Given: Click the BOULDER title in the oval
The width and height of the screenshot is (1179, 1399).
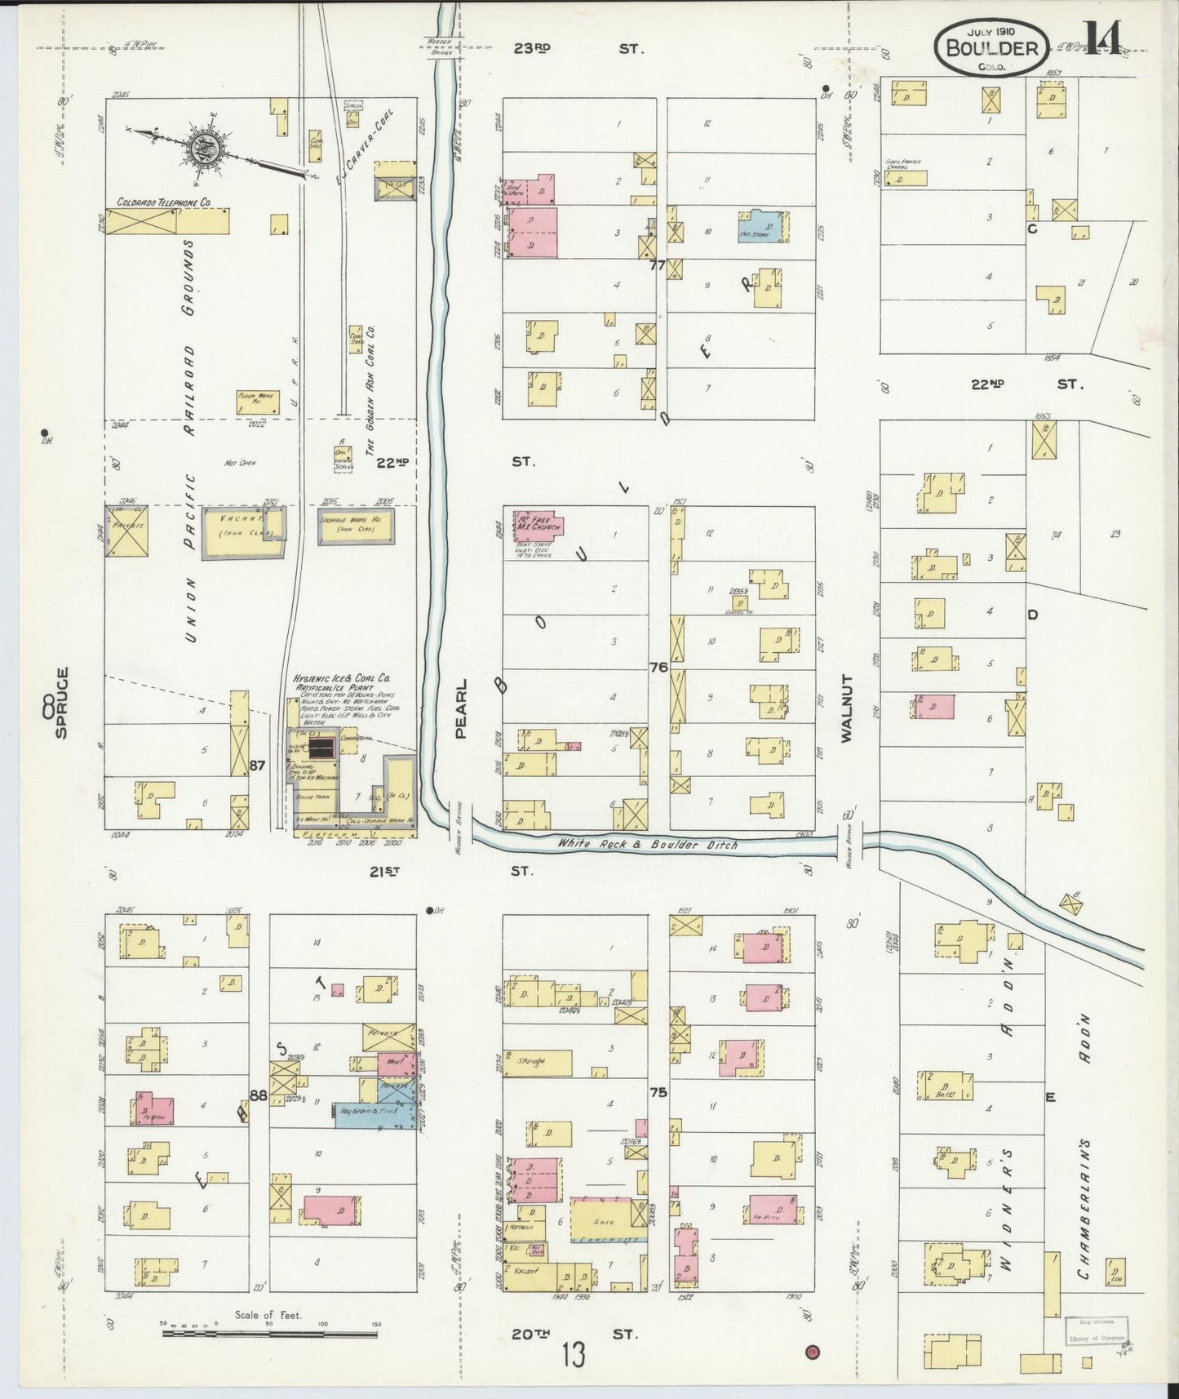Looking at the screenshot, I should pos(991,47).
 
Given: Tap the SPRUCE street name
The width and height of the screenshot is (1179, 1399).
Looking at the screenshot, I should pos(61,704).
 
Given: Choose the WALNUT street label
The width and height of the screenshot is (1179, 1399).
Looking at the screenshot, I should pos(845,708).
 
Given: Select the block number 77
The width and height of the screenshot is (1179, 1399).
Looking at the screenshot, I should pos(658,264).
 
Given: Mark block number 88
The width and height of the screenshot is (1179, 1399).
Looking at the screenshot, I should pos(258,1095).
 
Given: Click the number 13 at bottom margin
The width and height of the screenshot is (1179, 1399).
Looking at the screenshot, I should pos(573,1357).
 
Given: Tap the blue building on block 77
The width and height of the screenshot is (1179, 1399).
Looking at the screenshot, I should pos(765,227).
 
